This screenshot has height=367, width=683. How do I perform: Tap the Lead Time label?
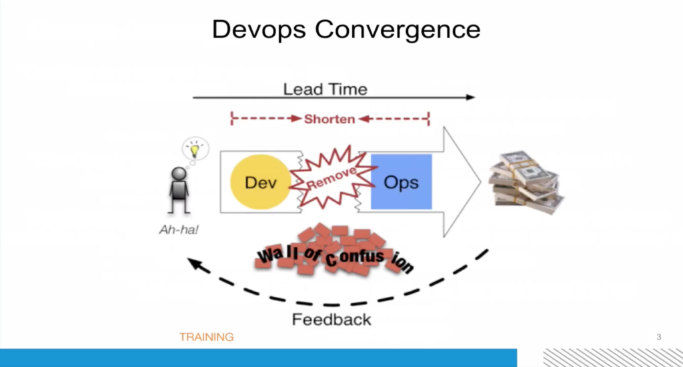pyautogui.click(x=325, y=89)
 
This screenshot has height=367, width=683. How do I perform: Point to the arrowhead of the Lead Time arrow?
pyautogui.click(x=471, y=97)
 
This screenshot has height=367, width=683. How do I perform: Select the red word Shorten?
pyautogui.click(x=329, y=119)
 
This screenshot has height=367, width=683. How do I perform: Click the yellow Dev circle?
pyautogui.click(x=261, y=182)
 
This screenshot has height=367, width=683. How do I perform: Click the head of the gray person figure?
pyautogui.click(x=179, y=173)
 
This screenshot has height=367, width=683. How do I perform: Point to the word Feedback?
pyautogui.click(x=331, y=320)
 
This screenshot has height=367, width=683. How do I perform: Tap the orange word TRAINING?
pyautogui.click(x=206, y=337)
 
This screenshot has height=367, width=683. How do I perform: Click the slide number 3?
pyautogui.click(x=659, y=336)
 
